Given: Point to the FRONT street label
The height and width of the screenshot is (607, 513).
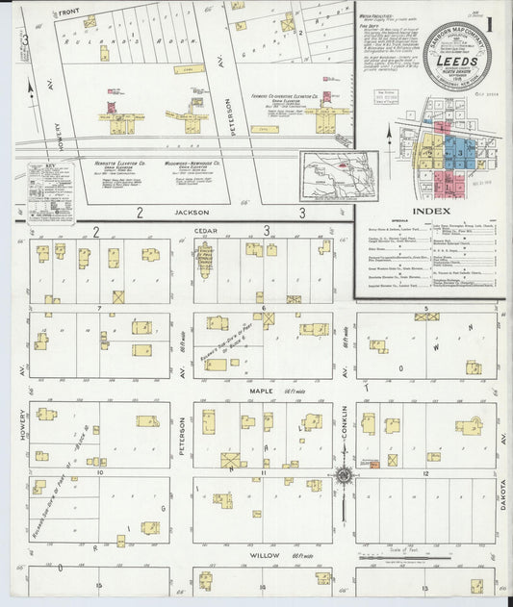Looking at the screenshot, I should click(67, 12).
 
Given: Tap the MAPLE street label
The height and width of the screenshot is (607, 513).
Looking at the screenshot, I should click(262, 390).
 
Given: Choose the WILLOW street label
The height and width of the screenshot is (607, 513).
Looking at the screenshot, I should click(262, 555).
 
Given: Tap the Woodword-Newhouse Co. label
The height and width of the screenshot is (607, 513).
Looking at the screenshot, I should click(180, 164).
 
